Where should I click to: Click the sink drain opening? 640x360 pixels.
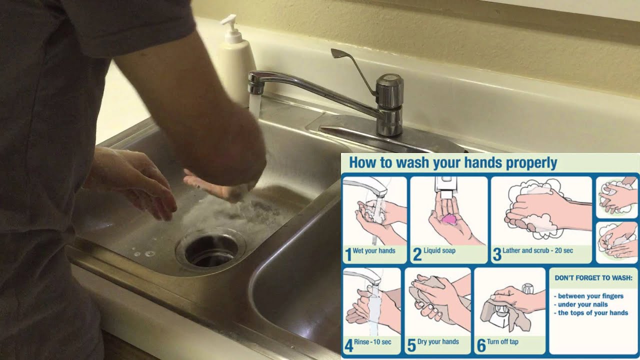(x=211, y=250)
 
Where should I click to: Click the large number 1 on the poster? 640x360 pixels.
(x=348, y=254)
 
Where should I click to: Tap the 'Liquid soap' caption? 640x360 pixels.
(x=439, y=250)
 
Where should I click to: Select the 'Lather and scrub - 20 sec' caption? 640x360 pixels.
(x=537, y=250)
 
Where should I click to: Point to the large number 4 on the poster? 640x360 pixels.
(x=348, y=346)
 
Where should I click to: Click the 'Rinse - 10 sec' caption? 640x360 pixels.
(x=372, y=341)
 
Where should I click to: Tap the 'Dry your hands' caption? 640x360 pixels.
(x=438, y=341)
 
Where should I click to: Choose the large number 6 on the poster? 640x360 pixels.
(x=481, y=346)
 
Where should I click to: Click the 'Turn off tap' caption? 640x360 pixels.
(x=502, y=341)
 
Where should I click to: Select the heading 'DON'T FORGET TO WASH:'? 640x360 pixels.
(x=593, y=277)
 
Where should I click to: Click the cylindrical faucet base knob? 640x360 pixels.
(x=389, y=104)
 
